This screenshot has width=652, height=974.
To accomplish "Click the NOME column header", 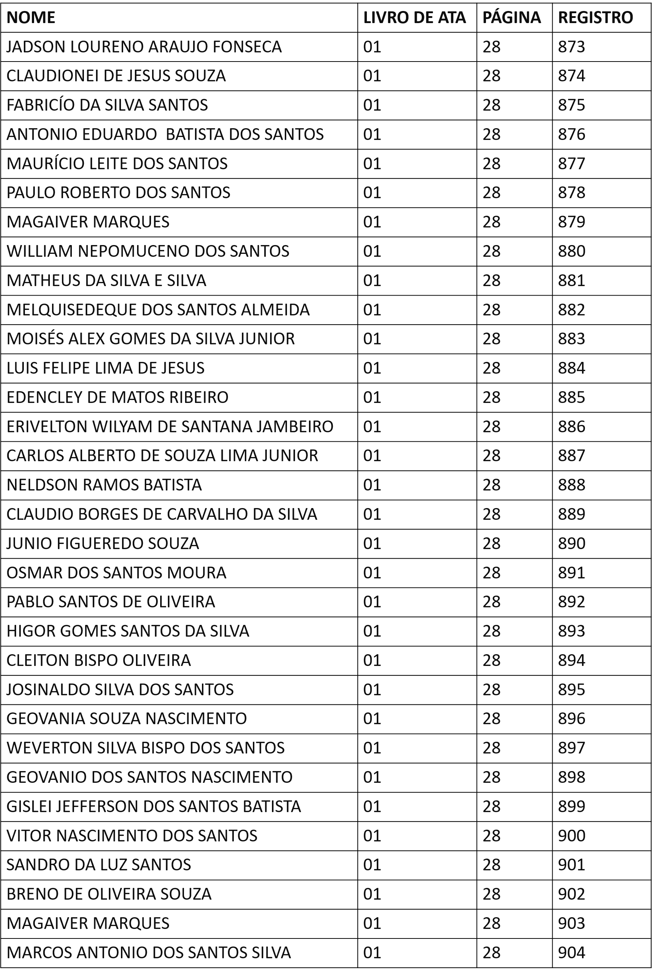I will coord(31,18).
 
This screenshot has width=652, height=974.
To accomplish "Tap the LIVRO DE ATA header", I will coord(414,18).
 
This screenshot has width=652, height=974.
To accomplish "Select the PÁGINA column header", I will coord(512,18).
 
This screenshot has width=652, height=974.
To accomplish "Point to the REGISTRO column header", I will coord(595,18).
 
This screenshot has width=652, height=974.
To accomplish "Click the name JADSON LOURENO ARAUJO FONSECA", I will coord(144,47).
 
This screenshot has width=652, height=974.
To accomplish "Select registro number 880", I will coord(571,251).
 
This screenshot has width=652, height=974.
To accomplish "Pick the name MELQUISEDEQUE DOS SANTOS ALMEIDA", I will coord(158,310).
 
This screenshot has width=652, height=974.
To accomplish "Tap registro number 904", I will coord(571,952).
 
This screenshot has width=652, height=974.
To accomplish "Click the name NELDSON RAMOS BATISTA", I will coord(104,485).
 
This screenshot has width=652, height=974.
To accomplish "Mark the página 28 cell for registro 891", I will coord(491,573).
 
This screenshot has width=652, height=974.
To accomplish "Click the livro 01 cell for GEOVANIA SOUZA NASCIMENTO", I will coord(372,718).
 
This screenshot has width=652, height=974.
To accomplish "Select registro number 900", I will coord(571,836).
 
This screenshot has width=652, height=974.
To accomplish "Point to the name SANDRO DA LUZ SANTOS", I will coord(99,865).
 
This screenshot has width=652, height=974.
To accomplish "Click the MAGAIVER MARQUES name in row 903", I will coord(88,923).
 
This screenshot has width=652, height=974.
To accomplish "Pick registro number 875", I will coord(571,105).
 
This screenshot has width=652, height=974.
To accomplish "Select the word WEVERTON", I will coord(49,748).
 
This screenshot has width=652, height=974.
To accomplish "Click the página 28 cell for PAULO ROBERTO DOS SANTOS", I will coord(491,192).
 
